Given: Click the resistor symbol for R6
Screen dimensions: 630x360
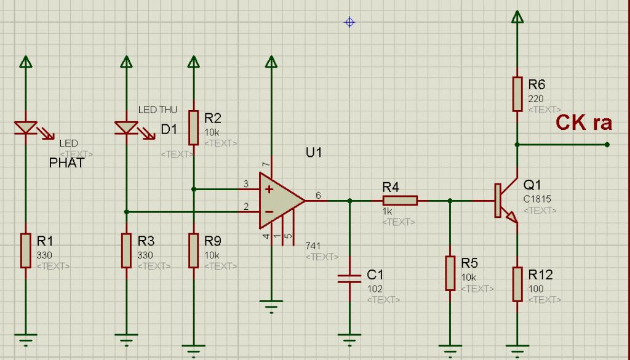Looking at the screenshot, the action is [517, 94].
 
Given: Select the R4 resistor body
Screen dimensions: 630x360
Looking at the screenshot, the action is [400, 201].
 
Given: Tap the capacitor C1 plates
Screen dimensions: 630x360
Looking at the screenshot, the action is [349, 279].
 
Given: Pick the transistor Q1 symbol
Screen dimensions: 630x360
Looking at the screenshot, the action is [506, 201].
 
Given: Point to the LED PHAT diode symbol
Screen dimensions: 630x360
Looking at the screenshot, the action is [26, 128].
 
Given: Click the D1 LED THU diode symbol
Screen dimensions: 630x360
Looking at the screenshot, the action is [126, 128].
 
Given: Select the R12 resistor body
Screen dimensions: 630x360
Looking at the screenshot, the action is [517, 284].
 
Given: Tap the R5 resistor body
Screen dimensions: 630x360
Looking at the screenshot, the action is [450, 273].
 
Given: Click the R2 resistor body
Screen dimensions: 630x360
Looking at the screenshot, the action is [194, 128].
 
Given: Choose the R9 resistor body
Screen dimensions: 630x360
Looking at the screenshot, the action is [194, 250].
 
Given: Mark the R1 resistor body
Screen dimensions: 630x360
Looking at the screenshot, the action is [26, 250].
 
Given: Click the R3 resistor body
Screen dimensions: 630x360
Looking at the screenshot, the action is [126, 250].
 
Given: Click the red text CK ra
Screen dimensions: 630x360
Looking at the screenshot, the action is [584, 123].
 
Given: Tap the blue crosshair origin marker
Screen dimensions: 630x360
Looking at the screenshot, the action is [349, 22].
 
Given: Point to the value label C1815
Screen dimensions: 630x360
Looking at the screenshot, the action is [537, 199].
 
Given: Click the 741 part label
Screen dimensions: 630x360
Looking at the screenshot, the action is [313, 246].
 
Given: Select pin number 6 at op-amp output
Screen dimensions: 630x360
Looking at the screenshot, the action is [318, 196].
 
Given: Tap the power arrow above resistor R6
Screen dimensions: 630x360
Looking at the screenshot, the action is [517, 17].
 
